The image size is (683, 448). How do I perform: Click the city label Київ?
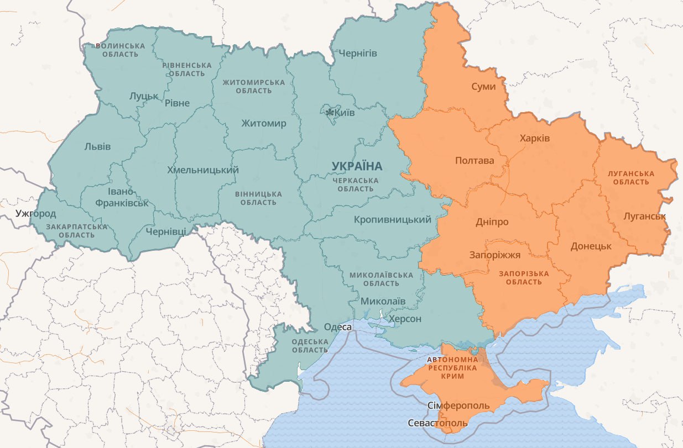345,113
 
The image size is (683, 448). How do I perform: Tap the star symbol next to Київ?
330,113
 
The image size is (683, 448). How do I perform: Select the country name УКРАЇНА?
357,166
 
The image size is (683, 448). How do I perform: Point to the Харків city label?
535,138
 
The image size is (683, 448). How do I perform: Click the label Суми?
484,87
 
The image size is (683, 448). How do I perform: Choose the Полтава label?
475,161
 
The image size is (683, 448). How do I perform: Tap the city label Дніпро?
492,222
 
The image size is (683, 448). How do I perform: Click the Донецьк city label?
591,246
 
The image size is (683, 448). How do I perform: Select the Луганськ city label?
644,216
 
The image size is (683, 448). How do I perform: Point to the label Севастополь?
437,423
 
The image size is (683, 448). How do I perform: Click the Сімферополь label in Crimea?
458,406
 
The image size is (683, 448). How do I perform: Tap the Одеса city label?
338,327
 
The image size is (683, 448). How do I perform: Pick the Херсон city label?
405,319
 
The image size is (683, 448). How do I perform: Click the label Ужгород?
36,213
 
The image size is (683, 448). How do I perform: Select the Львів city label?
97,146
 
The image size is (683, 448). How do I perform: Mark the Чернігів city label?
358,54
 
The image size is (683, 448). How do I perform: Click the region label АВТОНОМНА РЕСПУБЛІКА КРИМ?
452,367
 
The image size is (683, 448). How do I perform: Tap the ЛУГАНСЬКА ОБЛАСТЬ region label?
630,177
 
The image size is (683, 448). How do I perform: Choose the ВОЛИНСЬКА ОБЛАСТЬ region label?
121,50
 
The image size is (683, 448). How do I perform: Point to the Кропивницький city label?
393,220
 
